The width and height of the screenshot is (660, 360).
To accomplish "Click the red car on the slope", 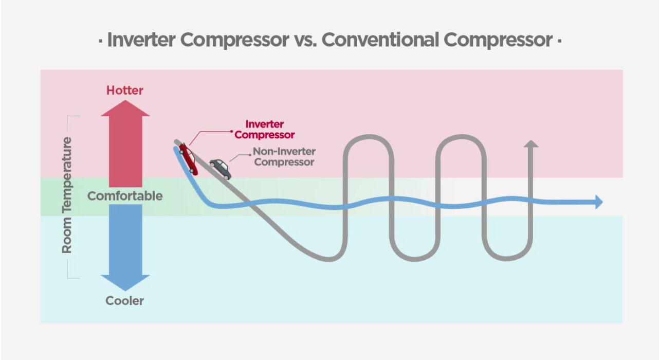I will click(188, 159).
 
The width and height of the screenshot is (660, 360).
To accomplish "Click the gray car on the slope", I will click(220, 168).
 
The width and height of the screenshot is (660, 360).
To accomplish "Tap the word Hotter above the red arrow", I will click(125, 91).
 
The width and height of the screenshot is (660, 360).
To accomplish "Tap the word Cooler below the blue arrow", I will click(125, 301).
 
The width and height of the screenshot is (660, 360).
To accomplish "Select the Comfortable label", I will click(125, 196).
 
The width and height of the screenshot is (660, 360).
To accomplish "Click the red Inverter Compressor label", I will click(265, 130).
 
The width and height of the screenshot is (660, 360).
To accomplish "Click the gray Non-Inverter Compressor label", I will click(284, 157).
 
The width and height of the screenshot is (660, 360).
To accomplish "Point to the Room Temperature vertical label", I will click(67, 195).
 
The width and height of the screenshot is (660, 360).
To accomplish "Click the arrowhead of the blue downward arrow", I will click(125, 283).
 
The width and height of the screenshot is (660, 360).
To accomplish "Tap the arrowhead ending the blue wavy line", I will click(598, 202).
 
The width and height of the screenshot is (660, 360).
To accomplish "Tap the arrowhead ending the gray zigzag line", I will click(531, 144).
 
